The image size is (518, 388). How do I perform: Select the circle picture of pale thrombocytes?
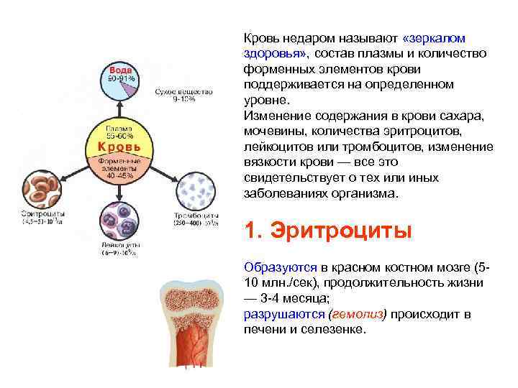coord(195,190)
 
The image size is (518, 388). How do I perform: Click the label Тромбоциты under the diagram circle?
coord(196,216)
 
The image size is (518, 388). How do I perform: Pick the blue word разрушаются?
coord(283,315)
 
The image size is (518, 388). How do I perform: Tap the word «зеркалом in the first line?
coord(435,37)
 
